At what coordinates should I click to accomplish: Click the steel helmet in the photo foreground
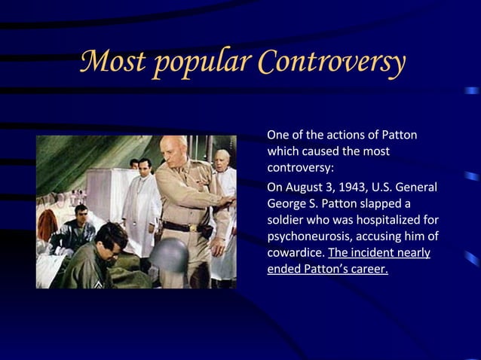[x=166, y=256]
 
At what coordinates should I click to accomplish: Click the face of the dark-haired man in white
[x=145, y=168]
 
